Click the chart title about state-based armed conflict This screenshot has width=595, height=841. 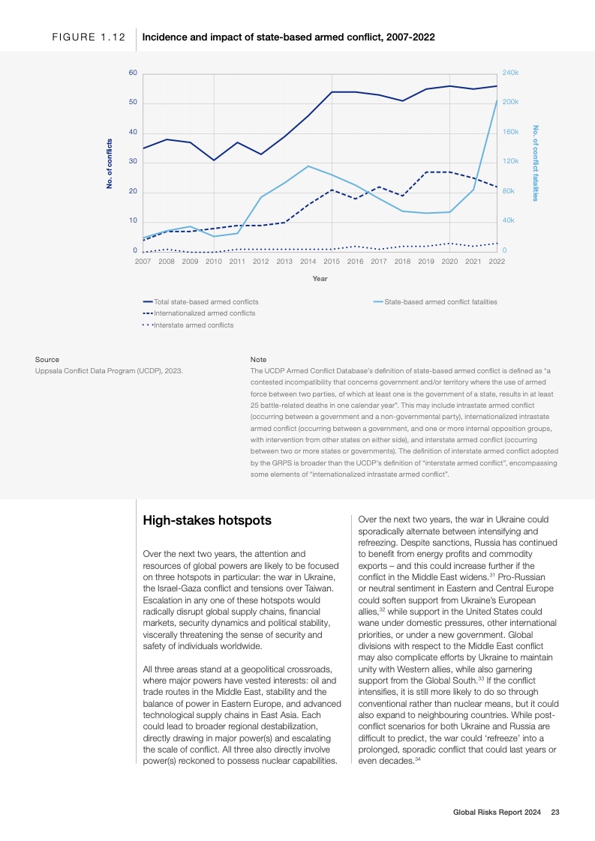point(289,37)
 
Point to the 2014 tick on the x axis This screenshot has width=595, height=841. point(308,262)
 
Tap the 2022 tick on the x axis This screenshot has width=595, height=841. point(497,262)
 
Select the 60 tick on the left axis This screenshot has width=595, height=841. point(133,73)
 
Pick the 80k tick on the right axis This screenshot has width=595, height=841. point(508,191)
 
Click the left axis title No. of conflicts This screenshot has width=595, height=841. point(110,163)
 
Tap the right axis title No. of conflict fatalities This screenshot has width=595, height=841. point(535,163)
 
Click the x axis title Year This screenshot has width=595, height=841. point(320,279)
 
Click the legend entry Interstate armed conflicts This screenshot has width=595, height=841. point(193,325)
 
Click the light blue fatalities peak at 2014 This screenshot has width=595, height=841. point(308,166)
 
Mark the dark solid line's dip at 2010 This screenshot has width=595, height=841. point(214,160)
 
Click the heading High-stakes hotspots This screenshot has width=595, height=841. point(207,520)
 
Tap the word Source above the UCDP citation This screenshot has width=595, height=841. point(47,360)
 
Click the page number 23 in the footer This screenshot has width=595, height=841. point(555,812)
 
